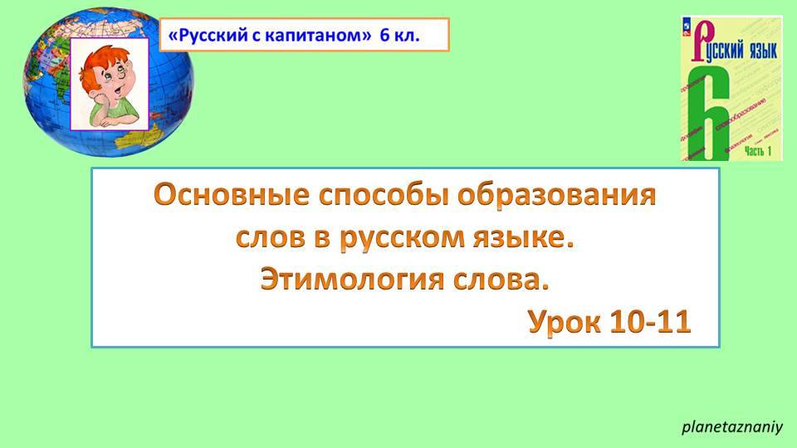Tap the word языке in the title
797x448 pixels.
pos(523,240)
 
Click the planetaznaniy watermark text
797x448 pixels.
pos(732,428)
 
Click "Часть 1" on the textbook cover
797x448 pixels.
pos(758,150)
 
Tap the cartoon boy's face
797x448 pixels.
pos(114,83)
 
